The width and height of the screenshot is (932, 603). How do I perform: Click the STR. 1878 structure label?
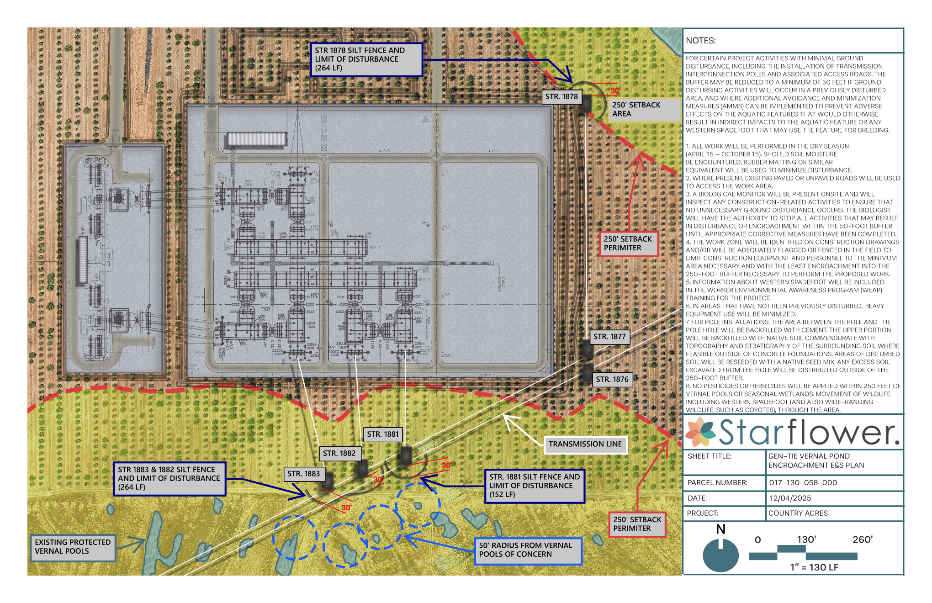click(561, 97)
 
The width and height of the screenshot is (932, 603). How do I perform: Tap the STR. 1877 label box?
click(609, 337)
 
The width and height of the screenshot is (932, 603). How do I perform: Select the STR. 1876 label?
click(612, 379)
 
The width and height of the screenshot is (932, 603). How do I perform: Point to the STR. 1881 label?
click(383, 434)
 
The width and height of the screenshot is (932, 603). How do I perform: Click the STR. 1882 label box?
click(339, 453)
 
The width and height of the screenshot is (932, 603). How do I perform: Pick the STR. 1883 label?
click(304, 474)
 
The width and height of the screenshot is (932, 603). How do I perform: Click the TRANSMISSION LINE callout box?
click(585, 444)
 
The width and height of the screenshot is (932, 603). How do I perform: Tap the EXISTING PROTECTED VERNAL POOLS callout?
click(73, 547)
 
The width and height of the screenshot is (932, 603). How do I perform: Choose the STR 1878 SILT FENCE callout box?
click(366, 59)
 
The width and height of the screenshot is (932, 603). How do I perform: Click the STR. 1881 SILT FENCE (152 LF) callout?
click(534, 486)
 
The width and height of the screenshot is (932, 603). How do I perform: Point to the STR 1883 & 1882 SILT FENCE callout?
click(169, 478)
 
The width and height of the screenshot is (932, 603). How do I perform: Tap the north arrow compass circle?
click(720, 555)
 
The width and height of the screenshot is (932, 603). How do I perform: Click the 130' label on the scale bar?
click(806, 540)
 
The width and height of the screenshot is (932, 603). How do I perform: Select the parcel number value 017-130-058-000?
click(803, 482)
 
